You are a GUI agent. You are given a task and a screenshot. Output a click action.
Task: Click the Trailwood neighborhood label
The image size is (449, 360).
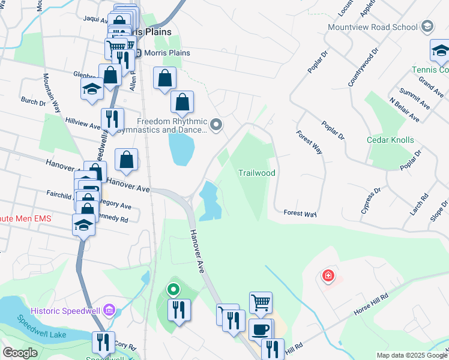(256, 173)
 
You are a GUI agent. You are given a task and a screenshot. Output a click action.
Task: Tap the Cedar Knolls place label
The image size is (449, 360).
(390, 140)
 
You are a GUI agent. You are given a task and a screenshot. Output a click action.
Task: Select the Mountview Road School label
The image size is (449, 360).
(372, 27)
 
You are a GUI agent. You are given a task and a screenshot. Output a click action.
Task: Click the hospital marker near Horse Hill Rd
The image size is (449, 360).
(328, 276)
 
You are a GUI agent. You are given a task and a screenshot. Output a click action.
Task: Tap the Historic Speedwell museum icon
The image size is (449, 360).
(109, 310)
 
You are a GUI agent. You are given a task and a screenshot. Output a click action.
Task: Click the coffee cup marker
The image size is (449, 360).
(260, 329)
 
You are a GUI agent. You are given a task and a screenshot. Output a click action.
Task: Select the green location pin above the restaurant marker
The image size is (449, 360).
(173, 290)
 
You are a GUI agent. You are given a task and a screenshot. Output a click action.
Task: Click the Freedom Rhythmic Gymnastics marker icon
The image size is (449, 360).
(217, 125)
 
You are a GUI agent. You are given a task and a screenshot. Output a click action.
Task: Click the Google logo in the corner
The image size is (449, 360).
(20, 352)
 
